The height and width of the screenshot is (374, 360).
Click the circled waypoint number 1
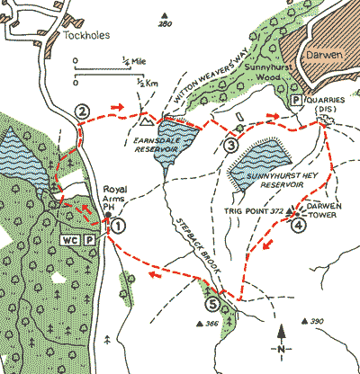(x=117, y=225)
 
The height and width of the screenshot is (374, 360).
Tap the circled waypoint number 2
(x=82, y=111)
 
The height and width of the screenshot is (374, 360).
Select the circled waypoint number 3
(x=230, y=145)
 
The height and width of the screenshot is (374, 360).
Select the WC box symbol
(x=71, y=240)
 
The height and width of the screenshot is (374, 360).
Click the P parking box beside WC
(x=91, y=240)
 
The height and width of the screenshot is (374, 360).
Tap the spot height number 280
(x=163, y=24)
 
